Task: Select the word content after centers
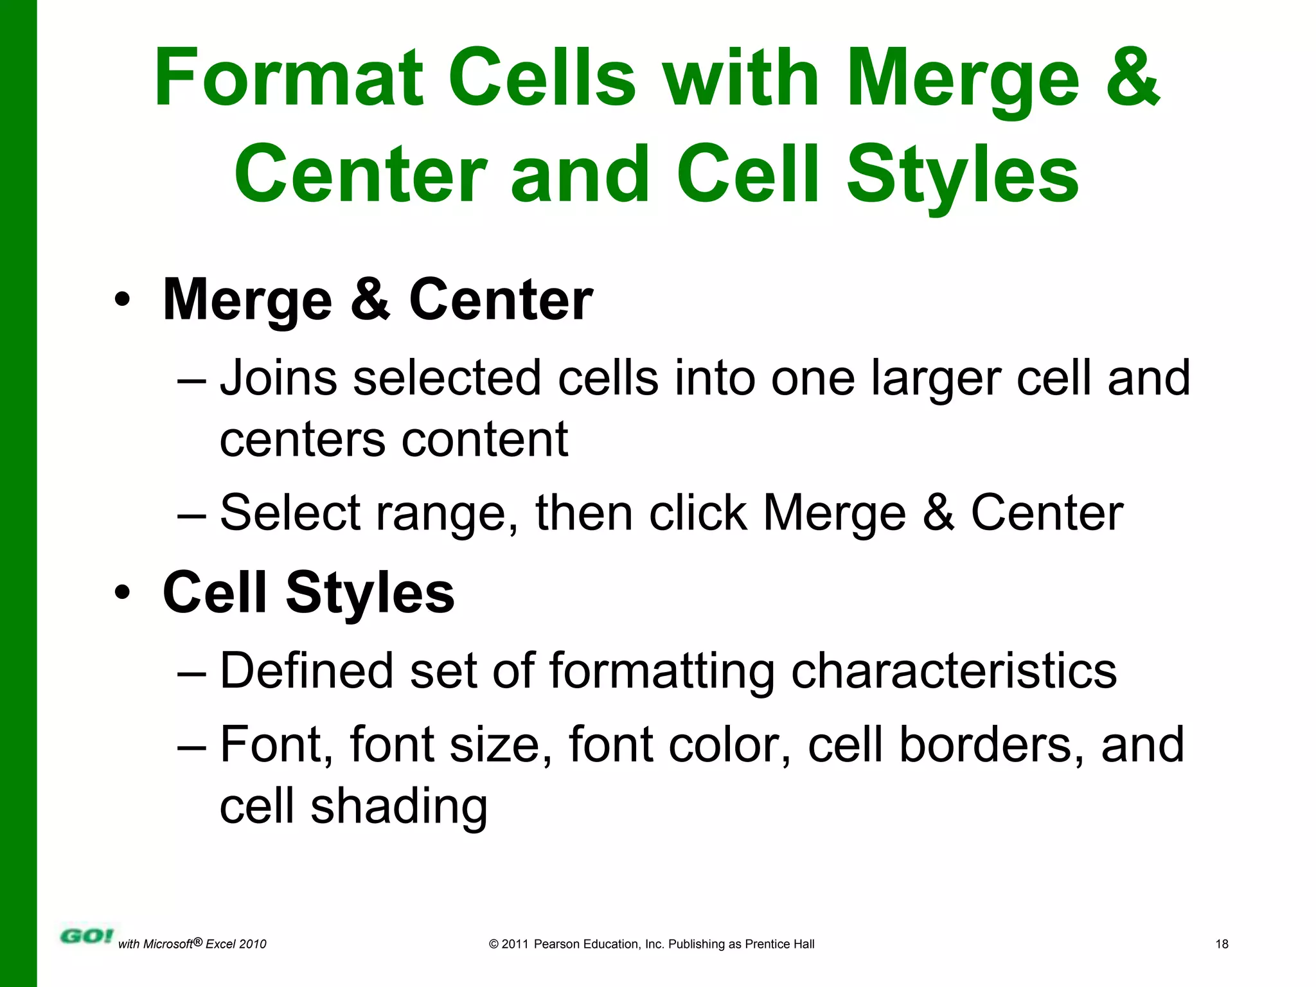tap(485, 440)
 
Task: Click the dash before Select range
tap(191, 514)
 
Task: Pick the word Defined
tap(307, 671)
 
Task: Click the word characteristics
tap(954, 671)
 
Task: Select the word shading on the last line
tap(398, 807)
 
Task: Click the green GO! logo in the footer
tap(86, 936)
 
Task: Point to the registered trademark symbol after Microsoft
tap(198, 941)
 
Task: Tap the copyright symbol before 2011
tap(493, 944)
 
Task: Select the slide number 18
tap(1222, 944)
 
